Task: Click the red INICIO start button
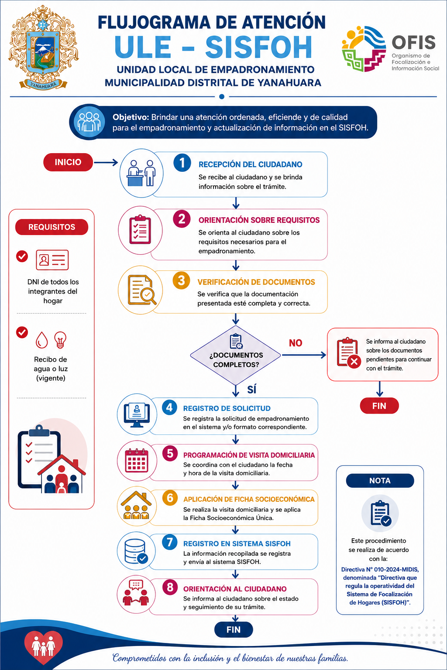point(68,162)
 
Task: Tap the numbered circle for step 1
point(182,163)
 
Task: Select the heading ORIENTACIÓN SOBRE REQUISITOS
point(259,220)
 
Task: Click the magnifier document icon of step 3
point(142,290)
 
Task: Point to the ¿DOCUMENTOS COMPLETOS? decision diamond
point(236,356)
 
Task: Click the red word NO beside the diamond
point(296,343)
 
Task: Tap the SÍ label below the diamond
point(251,390)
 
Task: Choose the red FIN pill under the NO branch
point(379,406)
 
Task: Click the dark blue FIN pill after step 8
point(234,629)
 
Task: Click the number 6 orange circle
point(170,498)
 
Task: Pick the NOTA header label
point(380,481)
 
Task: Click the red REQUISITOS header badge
point(52,227)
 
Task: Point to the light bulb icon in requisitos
point(60,340)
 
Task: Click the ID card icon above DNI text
point(52,260)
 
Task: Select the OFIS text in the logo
point(413,42)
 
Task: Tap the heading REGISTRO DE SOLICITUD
point(227,408)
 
